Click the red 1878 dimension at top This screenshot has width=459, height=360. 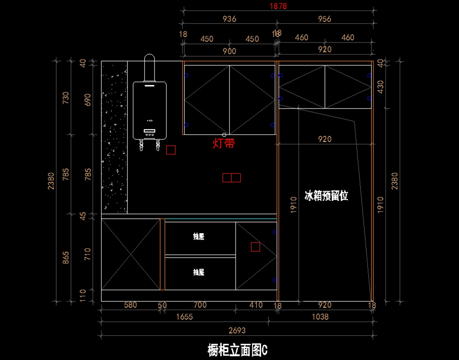pyautogui.click(x=278, y=6)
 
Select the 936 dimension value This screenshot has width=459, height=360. pyautogui.click(x=229, y=19)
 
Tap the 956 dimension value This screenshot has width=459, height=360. pyautogui.click(x=324, y=19)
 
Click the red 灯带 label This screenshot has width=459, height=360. pyautogui.click(x=224, y=143)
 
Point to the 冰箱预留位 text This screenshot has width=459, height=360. pyautogui.click(x=326, y=196)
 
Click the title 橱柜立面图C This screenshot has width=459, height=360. pyautogui.click(x=237, y=350)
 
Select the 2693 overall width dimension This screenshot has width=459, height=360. pyautogui.click(x=237, y=330)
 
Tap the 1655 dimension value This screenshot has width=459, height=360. pyautogui.click(x=184, y=317)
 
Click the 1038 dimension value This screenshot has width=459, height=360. pyautogui.click(x=320, y=317)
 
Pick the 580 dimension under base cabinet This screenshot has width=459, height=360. pyautogui.click(x=130, y=305)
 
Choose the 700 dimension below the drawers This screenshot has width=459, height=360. pyautogui.click(x=200, y=305)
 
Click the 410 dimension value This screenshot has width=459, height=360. pyautogui.click(x=256, y=305)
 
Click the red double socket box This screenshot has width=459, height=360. pyautogui.click(x=231, y=178)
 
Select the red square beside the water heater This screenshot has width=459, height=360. pyautogui.click(x=171, y=150)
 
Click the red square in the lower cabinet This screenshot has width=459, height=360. pyautogui.click(x=256, y=247)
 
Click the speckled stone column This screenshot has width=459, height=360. pyautogui.click(x=114, y=137)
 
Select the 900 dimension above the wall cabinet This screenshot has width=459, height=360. pyautogui.click(x=229, y=51)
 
